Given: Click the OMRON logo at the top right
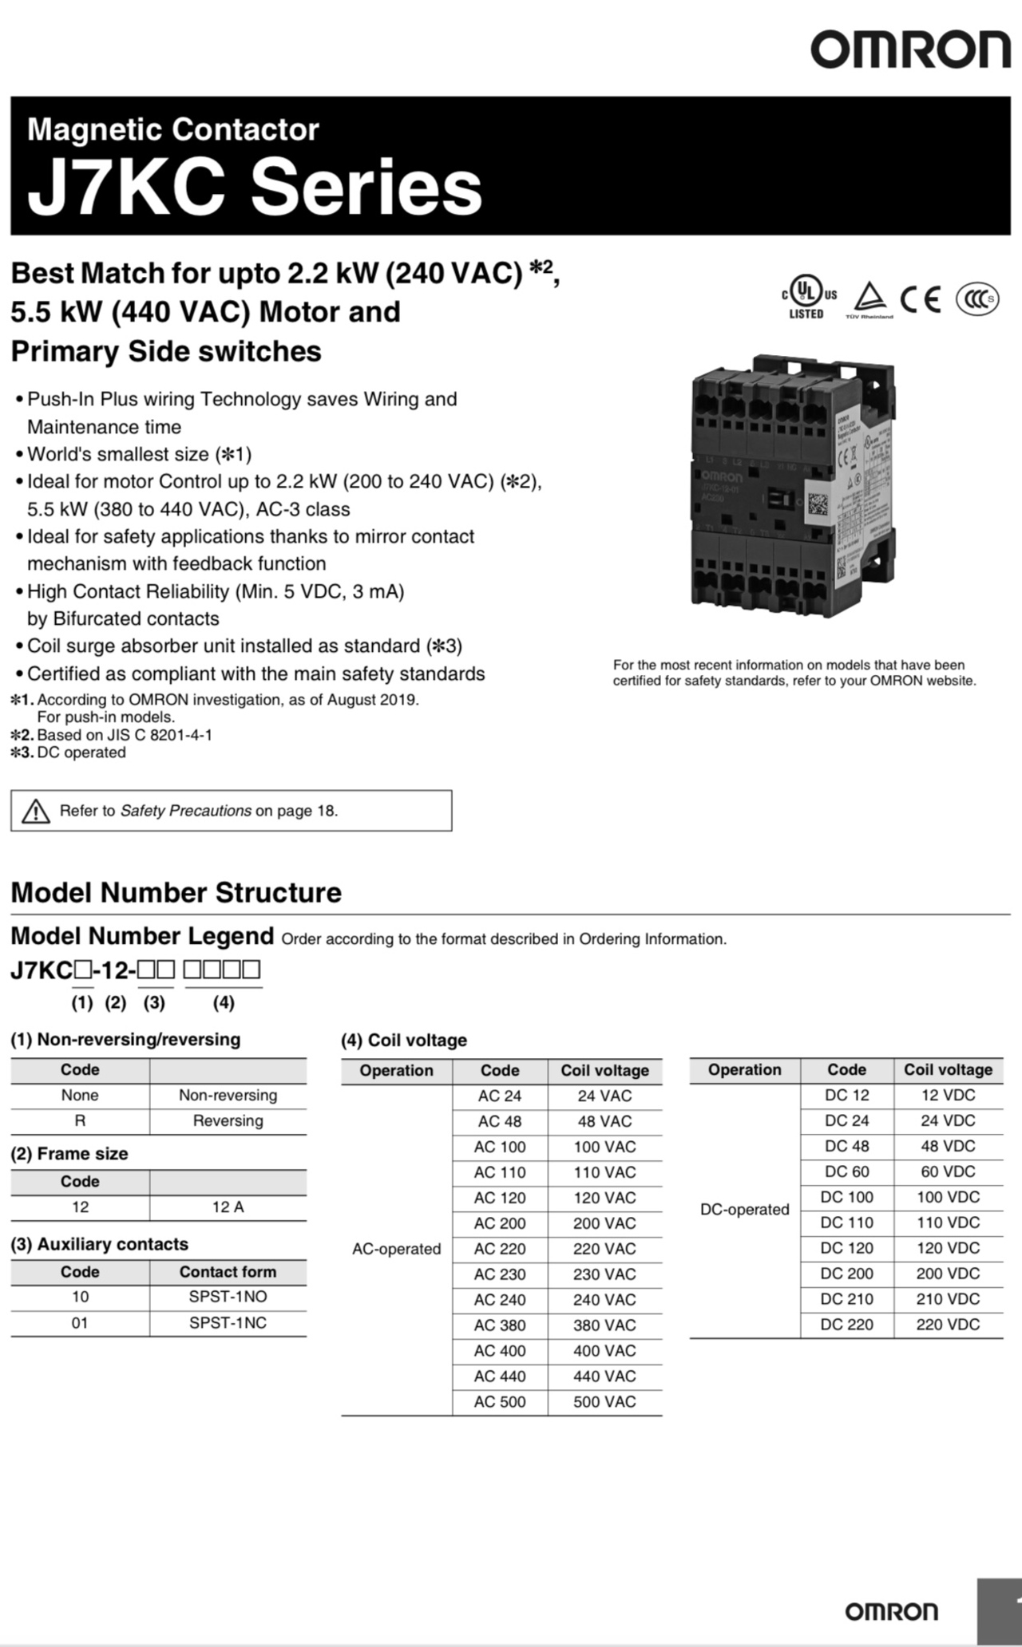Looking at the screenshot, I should click(x=910, y=49).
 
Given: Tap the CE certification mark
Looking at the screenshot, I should click(x=921, y=299).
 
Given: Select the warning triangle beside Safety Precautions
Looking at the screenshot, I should click(x=36, y=812).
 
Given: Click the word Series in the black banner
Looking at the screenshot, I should click(x=366, y=188).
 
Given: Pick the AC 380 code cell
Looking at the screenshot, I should click(x=500, y=1325).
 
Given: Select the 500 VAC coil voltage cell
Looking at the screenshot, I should click(x=604, y=1402).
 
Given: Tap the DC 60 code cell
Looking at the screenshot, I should click(x=846, y=1171).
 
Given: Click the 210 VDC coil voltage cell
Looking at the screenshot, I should click(x=948, y=1299).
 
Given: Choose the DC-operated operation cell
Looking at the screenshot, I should click(x=744, y=1210).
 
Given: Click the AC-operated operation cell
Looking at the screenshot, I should click(x=396, y=1249).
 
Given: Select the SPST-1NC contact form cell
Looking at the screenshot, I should click(x=228, y=1323).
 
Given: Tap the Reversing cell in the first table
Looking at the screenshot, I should click(x=228, y=1121).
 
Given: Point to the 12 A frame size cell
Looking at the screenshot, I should click(x=228, y=1207).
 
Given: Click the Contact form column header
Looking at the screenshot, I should click(x=228, y=1272).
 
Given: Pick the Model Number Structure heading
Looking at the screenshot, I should click(x=176, y=892).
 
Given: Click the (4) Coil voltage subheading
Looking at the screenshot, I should click(x=403, y=1041).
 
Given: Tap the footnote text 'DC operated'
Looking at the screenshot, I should click(x=81, y=752).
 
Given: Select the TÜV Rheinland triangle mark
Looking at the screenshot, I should click(x=869, y=299).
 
